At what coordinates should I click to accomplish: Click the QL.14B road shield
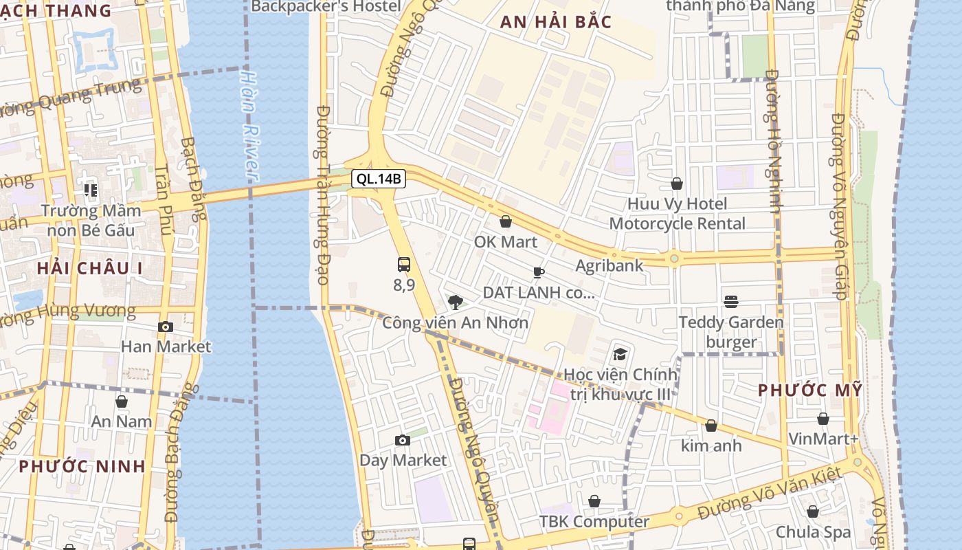click(x=379, y=179)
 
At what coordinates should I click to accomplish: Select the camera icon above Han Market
click(x=166, y=327)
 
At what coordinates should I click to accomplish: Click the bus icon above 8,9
click(x=404, y=265)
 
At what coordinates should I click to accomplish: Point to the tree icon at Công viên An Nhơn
click(x=455, y=302)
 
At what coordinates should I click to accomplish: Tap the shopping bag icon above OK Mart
click(x=506, y=221)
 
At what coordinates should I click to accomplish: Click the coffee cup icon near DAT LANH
click(x=539, y=272)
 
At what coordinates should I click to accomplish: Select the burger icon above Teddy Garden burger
click(x=731, y=302)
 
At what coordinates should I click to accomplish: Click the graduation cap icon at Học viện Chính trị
click(x=620, y=355)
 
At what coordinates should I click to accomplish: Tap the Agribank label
click(x=609, y=265)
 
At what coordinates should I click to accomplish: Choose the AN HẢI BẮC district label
click(x=555, y=22)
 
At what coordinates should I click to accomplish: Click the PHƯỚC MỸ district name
click(x=809, y=390)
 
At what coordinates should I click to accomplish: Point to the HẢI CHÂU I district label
click(x=90, y=268)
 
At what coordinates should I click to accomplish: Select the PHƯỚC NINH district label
click(x=82, y=466)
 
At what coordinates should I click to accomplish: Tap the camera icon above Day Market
click(x=403, y=440)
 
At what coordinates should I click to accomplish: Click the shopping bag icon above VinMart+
click(x=823, y=419)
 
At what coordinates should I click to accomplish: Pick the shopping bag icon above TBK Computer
click(x=594, y=501)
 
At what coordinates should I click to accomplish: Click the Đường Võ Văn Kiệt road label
click(x=769, y=494)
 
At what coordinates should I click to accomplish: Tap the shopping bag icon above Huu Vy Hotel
click(x=677, y=184)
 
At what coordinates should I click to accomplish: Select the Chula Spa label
click(x=813, y=532)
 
